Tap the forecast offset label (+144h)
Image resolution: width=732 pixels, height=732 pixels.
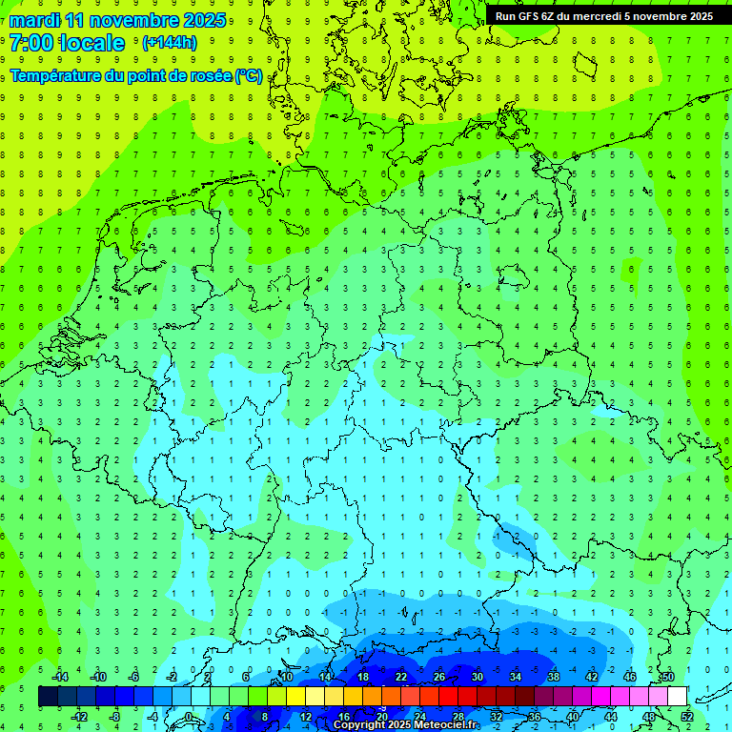(x=169, y=42)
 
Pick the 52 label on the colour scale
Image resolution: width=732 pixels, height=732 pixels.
(x=687, y=717)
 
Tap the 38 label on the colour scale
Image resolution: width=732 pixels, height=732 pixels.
(x=554, y=676)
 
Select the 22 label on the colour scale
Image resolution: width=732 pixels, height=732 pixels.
(x=401, y=676)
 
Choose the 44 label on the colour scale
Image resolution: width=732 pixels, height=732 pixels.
(x=611, y=717)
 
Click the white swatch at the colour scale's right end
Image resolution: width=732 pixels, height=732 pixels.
(x=677, y=697)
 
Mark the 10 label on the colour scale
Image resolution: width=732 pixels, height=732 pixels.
(x=286, y=676)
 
